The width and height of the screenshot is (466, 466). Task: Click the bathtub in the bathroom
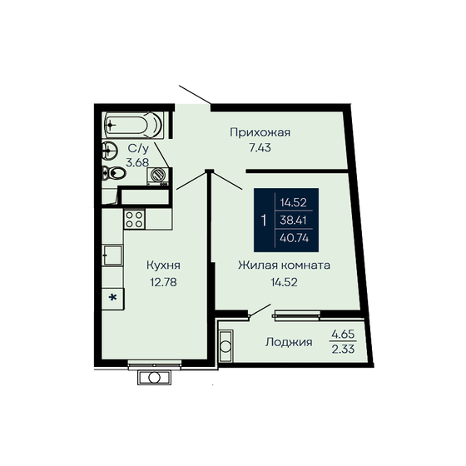click(133, 126)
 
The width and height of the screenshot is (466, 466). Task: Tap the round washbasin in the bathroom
click(109, 151)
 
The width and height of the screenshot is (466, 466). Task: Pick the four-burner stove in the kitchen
click(133, 219)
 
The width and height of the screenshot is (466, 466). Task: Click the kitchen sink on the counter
click(113, 255)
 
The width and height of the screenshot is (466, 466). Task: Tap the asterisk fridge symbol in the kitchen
click(113, 296)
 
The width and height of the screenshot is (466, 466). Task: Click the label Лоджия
click(289, 341)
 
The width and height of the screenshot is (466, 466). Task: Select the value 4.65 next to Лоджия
click(343, 334)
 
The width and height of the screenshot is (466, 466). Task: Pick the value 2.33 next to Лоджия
click(343, 349)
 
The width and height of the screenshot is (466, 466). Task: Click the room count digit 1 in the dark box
click(264, 221)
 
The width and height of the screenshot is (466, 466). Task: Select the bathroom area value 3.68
click(137, 162)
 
